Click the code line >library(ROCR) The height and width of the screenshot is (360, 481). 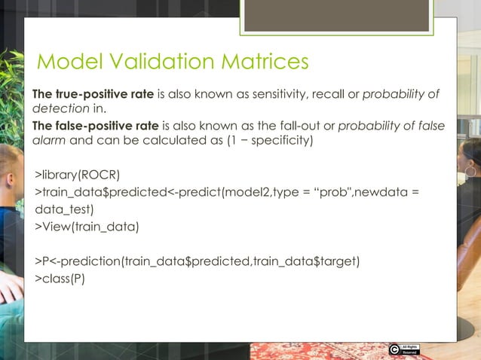tap(78, 177)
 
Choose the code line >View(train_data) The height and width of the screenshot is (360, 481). tap(87, 227)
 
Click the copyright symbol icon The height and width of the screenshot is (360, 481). tap(394, 349)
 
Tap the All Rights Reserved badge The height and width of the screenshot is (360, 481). tap(410, 349)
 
